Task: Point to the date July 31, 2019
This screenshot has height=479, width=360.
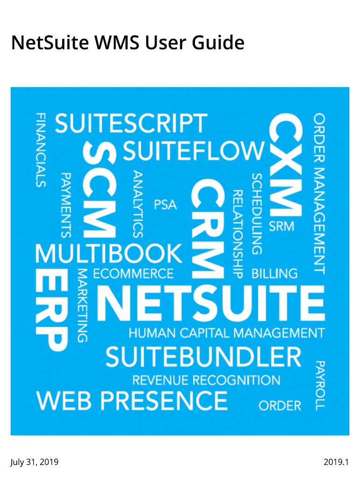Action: point(35,462)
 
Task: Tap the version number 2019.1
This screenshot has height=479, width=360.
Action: point(336,462)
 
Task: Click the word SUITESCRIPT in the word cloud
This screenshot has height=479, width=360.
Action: point(131,123)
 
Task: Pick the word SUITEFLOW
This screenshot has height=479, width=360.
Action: point(194,151)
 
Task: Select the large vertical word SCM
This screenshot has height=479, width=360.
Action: point(100,190)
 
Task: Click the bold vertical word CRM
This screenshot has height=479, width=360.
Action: point(208,229)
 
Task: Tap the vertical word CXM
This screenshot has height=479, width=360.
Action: point(286,165)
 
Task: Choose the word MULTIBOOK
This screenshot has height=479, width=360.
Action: point(109,254)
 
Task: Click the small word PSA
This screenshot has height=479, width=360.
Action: point(165,205)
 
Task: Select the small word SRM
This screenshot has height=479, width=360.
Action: point(281,226)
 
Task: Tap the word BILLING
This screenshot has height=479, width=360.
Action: point(274,274)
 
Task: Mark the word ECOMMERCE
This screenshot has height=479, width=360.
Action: point(133,274)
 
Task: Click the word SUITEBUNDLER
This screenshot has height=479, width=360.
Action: point(203,357)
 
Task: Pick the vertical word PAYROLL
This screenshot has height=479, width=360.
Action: point(320,385)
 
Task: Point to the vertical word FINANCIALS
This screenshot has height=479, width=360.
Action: point(41,150)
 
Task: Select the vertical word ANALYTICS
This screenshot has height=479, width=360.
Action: point(138,204)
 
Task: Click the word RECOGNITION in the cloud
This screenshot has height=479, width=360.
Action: point(236,380)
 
